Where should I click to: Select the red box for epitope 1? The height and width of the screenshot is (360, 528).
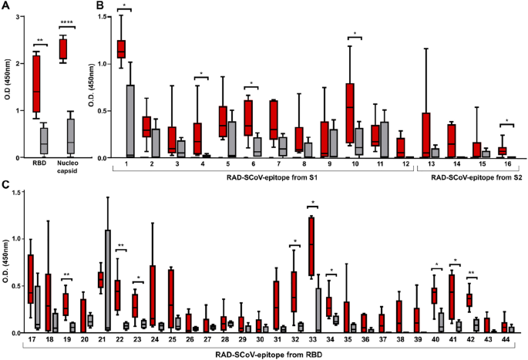[121, 49]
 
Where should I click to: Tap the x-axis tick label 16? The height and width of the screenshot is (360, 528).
[504, 164]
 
